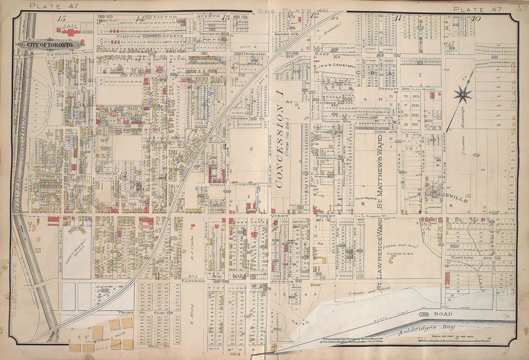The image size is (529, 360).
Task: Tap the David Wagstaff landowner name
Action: (x=366, y=199)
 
